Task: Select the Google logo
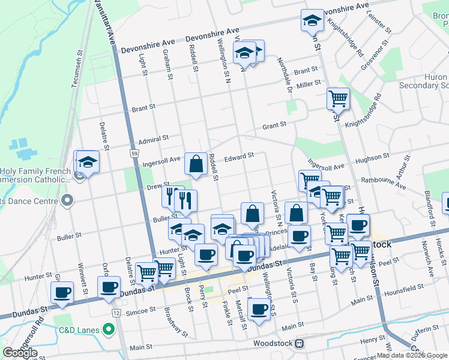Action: (x=20, y=353)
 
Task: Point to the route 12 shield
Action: (x=116, y=314)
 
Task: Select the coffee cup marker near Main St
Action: (x=259, y=310)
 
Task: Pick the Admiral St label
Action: (x=153, y=139)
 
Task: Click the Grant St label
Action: (x=274, y=125)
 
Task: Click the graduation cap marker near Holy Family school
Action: (x=88, y=162)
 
